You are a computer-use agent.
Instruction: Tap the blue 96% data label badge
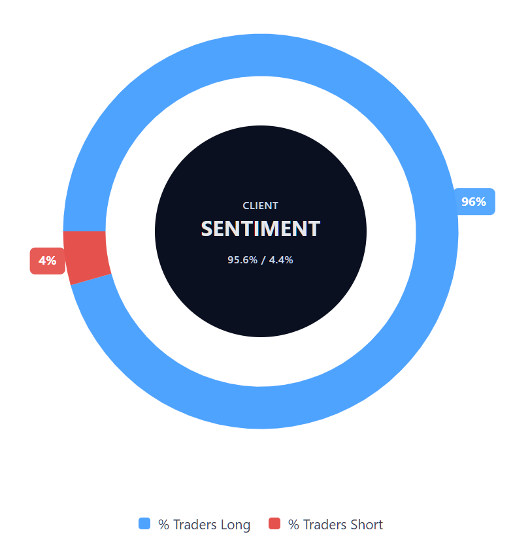tap(474, 201)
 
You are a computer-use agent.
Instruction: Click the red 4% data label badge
tap(47, 261)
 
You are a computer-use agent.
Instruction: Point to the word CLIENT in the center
tap(260, 205)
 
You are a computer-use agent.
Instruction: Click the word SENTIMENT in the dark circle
tap(260, 229)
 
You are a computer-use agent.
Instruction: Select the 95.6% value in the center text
tap(242, 259)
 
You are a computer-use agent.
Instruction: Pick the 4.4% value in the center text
tap(281, 259)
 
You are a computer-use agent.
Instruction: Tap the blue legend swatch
tap(144, 523)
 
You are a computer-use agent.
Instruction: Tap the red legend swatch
tap(274, 523)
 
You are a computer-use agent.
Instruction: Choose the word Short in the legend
tap(367, 525)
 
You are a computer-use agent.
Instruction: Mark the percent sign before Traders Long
tap(163, 525)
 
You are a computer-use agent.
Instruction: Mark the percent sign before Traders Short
tap(293, 525)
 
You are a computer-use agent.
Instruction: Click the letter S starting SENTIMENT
tap(208, 229)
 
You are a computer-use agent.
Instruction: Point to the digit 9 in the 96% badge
tap(466, 201)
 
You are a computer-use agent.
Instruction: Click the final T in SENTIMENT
tap(314, 229)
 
